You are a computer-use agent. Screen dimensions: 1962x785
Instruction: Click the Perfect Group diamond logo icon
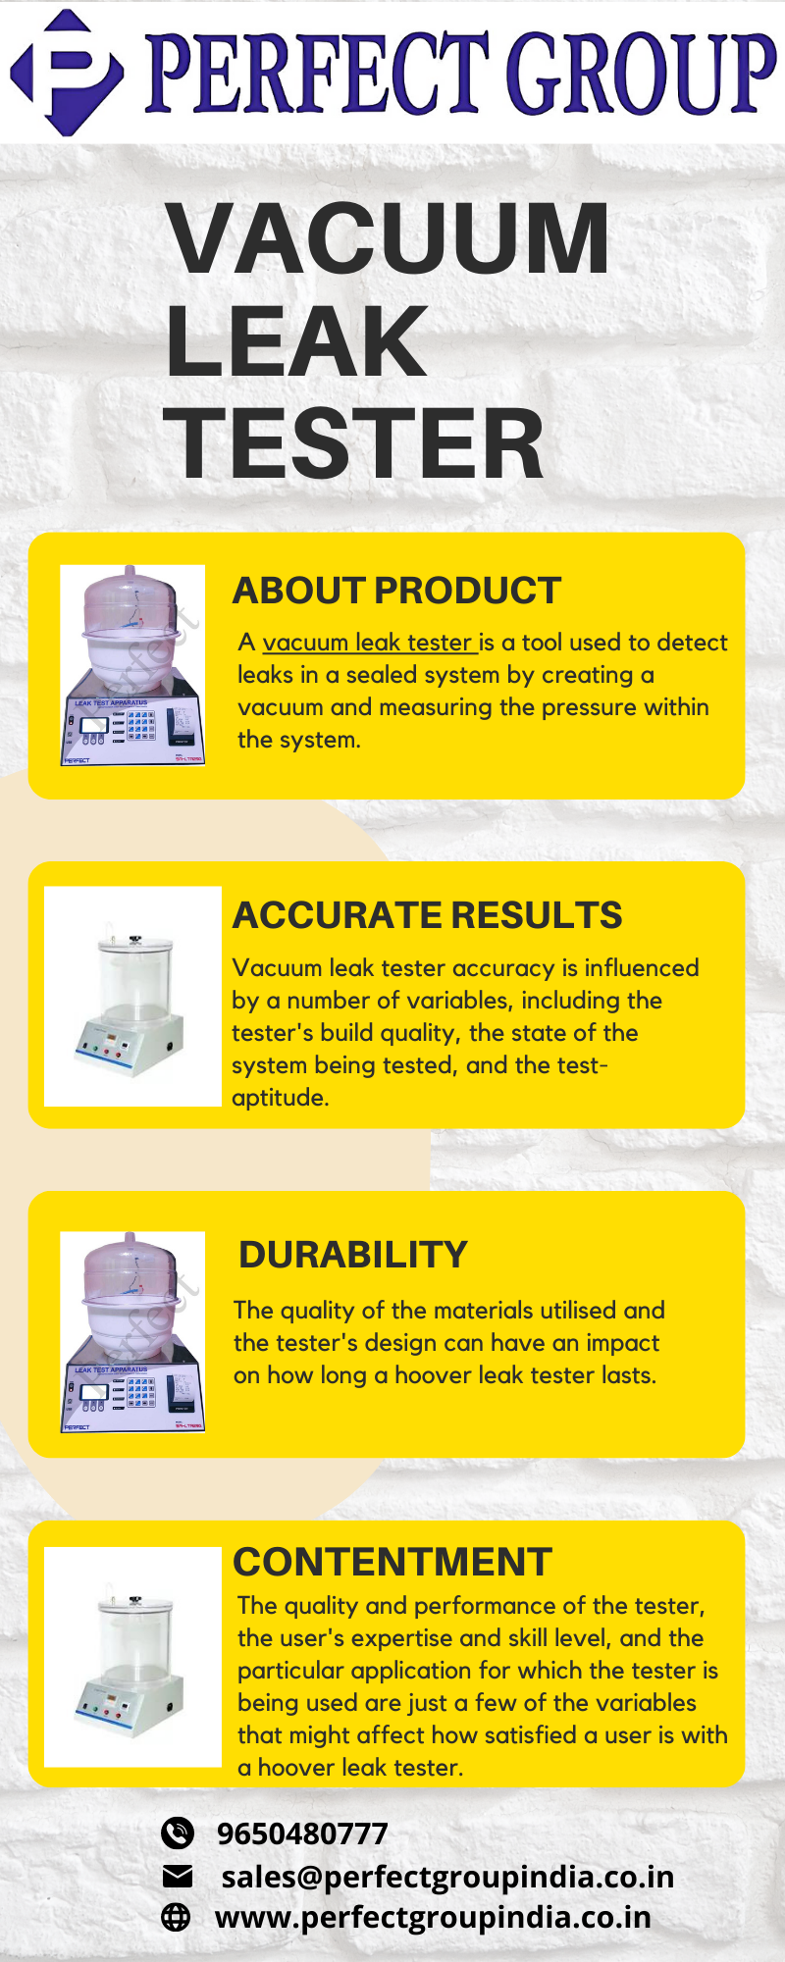tap(67, 72)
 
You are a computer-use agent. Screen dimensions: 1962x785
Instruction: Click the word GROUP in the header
tap(639, 73)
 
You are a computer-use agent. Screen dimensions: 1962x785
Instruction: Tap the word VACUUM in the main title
tap(389, 238)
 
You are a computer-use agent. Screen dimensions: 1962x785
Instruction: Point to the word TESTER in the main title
tap(354, 444)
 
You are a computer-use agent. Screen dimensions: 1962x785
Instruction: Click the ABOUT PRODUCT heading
tap(396, 591)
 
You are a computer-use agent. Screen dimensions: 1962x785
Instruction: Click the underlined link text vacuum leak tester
tap(369, 643)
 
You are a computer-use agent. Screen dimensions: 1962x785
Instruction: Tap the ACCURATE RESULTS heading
tap(427, 915)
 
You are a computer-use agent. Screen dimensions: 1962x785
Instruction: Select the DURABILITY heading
tap(353, 1255)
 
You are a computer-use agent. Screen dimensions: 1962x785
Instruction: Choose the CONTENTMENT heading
tap(392, 1562)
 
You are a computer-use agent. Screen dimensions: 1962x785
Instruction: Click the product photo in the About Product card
tap(132, 665)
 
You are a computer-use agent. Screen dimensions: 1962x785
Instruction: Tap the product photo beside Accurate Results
tap(132, 997)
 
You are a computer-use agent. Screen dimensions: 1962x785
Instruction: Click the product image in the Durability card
tap(132, 1332)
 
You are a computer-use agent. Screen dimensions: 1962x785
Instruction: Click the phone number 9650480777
tap(302, 1833)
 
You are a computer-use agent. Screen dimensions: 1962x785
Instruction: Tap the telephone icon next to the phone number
tap(177, 1833)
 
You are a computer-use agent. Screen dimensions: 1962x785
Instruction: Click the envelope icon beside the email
tap(177, 1877)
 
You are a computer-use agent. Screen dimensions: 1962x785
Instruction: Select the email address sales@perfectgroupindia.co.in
tap(447, 1877)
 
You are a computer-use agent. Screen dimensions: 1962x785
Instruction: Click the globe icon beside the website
tap(176, 1917)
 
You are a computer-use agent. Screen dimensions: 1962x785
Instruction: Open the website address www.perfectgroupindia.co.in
tap(433, 1917)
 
